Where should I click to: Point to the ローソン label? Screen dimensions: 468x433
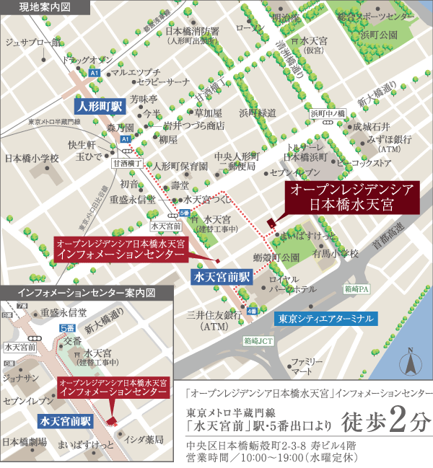coord(251,28)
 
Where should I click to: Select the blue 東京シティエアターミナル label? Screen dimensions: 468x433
coord(326,318)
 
